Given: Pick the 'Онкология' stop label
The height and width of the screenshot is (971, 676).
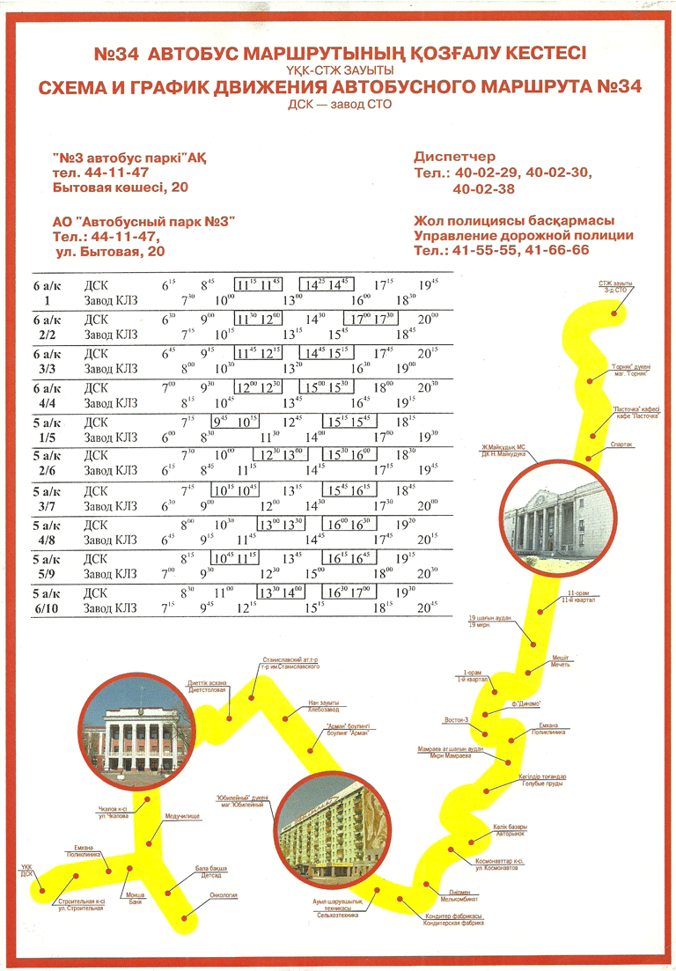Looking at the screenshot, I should tap(224, 895).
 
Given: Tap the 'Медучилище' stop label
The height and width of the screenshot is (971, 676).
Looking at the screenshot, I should tap(182, 816).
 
